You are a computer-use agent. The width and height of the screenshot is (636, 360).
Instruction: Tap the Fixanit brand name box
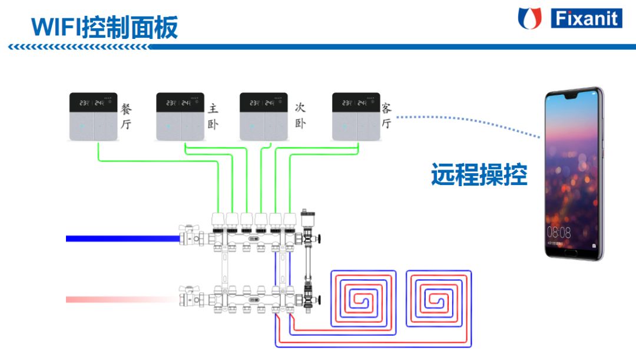coord(586,18)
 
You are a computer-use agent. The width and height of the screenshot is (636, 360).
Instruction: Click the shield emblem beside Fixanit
coord(529,18)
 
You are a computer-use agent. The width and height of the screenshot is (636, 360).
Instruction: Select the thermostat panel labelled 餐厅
coord(93,117)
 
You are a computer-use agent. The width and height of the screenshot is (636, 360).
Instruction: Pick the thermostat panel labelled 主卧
coord(180,117)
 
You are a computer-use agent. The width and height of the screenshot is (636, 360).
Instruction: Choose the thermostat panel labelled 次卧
coord(263,117)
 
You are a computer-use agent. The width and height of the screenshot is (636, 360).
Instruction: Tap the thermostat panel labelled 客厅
coord(356,117)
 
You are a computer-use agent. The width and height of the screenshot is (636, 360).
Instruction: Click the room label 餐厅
coord(127,116)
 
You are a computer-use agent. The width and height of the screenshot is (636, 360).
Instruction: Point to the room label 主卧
coord(213,116)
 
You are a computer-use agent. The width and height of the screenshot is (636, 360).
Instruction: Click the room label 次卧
coord(300,116)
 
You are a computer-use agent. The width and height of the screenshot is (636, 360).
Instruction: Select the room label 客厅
coord(386,116)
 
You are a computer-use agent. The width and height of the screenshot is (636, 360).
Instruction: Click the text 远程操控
coord(479,175)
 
